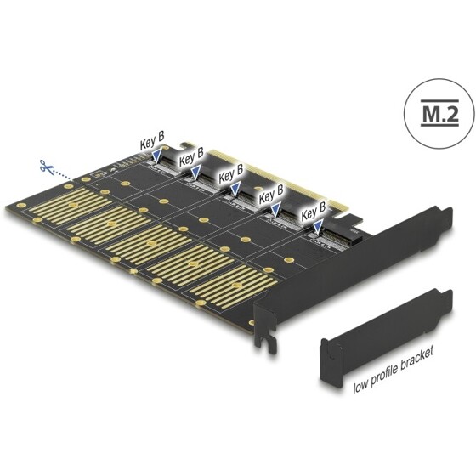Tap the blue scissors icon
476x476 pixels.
[x=43, y=165]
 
